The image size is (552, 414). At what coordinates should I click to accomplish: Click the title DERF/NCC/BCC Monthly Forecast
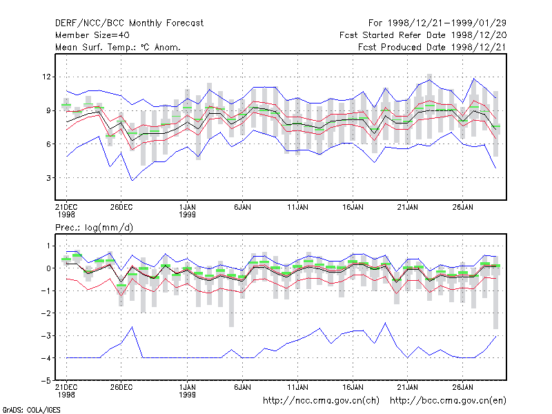pos(129,23)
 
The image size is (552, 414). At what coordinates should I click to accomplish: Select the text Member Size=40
pos(92,35)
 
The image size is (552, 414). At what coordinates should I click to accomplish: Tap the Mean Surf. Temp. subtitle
pos(117,47)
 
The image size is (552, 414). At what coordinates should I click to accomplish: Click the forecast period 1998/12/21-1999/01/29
pos(437,23)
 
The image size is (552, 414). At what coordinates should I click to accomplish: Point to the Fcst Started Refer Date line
pos(423,35)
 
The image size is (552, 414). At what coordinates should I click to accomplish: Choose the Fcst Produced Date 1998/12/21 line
pos(433,47)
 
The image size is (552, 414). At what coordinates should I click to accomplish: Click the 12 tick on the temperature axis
pos(46,77)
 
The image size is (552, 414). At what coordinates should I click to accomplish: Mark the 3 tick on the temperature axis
pos(48,178)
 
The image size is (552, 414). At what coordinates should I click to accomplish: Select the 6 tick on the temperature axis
pos(48,144)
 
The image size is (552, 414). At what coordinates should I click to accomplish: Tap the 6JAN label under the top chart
pos(243,208)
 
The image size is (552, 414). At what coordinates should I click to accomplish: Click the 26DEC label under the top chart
pos(121,208)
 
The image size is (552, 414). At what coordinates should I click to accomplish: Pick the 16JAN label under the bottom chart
pos(353,388)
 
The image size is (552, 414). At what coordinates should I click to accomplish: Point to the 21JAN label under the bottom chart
pos(408,388)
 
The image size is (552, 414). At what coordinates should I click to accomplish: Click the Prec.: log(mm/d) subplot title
pos(94,228)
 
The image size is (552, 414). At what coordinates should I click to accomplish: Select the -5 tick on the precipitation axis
pos(46,381)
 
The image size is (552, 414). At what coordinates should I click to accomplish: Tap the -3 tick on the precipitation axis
pos(46,335)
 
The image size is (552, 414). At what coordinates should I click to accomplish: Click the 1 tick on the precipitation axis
pos(48,246)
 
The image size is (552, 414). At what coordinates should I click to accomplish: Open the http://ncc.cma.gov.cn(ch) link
pos(321,401)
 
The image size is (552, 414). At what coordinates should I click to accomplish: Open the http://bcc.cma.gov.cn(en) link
pos(448,401)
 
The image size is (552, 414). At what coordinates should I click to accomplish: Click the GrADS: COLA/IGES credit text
pos(32,410)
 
